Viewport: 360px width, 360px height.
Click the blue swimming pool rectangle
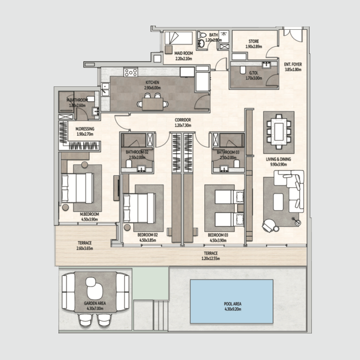tap(231, 301)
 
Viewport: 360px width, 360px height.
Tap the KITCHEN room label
tap(153, 83)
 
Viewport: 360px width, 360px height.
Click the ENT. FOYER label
tap(292, 64)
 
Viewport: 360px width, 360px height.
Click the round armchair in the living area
tap(271, 224)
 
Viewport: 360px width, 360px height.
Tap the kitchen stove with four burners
tap(130, 72)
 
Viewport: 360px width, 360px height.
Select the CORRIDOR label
tap(183, 120)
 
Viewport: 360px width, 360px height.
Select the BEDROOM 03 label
tap(218, 235)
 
